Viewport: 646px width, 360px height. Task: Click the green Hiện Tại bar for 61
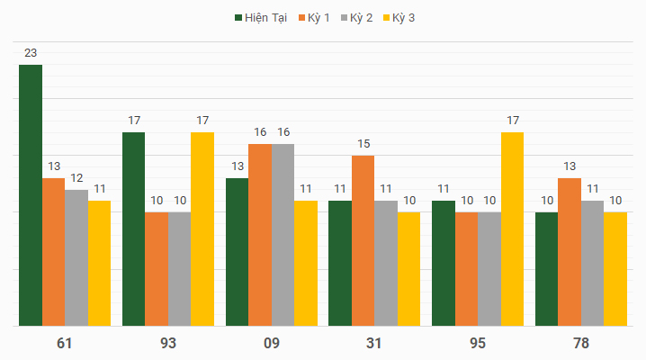pyautogui.click(x=31, y=195)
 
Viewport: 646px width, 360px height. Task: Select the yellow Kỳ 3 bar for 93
pyautogui.click(x=202, y=229)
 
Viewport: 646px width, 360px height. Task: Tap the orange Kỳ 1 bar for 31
pyautogui.click(x=363, y=240)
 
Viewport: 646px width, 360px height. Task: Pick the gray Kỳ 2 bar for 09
pyautogui.click(x=283, y=234)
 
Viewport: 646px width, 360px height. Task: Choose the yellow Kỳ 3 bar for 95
pyautogui.click(x=512, y=229)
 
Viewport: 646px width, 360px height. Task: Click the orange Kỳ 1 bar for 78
pyautogui.click(x=570, y=252)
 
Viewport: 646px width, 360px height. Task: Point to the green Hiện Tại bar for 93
pyautogui.click(x=134, y=229)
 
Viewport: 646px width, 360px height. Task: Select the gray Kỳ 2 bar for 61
pyautogui.click(x=76, y=257)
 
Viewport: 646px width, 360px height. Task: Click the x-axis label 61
pyautogui.click(x=65, y=343)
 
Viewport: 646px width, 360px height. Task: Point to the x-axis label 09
pyautogui.click(x=271, y=343)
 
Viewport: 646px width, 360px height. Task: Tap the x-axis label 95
pyautogui.click(x=478, y=343)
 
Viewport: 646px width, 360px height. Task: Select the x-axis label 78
pyautogui.click(x=581, y=343)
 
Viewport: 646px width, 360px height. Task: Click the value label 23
pyautogui.click(x=31, y=53)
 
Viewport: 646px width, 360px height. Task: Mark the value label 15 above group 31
pyautogui.click(x=363, y=144)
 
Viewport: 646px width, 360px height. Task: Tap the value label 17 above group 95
pyautogui.click(x=513, y=121)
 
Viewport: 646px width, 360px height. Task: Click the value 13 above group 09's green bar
pyautogui.click(x=238, y=166)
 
